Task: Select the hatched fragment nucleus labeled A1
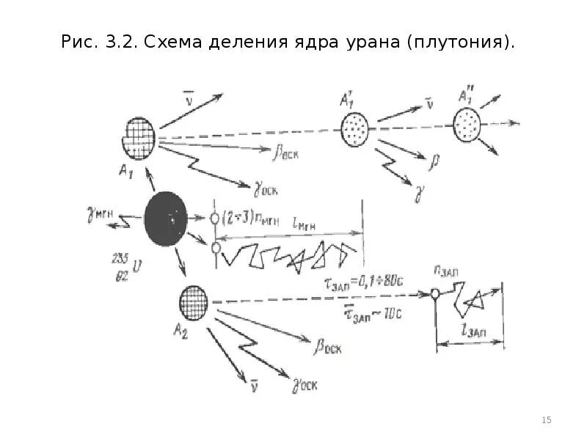[139, 138]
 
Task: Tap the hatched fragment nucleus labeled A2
[194, 302]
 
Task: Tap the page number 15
[546, 419]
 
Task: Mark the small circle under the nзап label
[434, 295]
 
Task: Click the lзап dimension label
[473, 333]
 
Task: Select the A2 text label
[181, 331]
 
